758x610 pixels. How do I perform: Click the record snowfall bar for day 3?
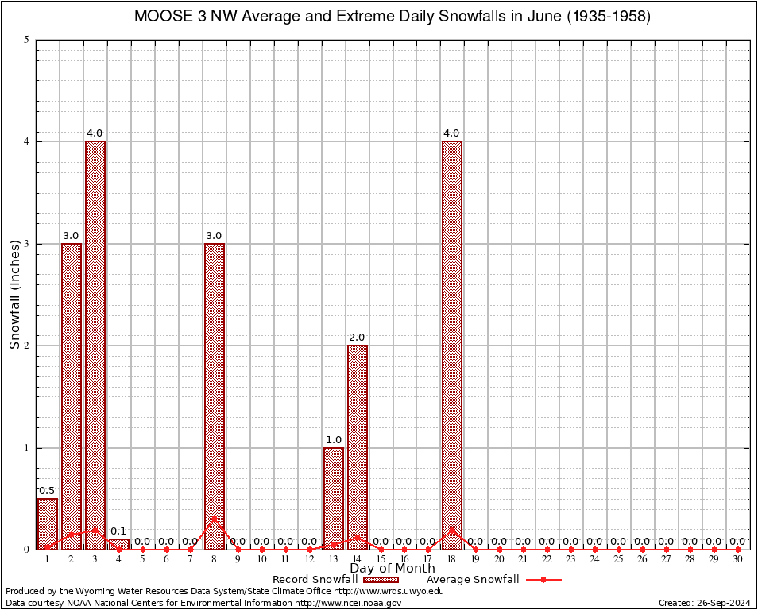coord(95,345)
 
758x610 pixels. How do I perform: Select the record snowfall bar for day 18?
coord(452,345)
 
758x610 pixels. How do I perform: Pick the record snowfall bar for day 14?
coord(358,446)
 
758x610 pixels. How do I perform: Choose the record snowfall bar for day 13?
coord(334,498)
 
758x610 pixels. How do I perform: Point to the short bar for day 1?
coord(48,523)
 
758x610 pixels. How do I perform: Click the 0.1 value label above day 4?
coord(119,531)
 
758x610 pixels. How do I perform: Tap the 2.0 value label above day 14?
coord(358,338)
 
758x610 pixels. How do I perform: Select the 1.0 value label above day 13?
coord(334,440)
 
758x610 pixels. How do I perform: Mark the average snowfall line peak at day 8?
coord(215,519)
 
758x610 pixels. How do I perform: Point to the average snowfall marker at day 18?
coord(452,530)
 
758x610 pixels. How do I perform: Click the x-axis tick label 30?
coord(738,560)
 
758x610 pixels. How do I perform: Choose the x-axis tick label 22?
coord(547,560)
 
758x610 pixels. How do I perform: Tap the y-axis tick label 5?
coord(27,40)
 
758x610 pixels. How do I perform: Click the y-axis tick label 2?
coord(27,346)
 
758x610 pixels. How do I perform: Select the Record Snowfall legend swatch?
coord(381,580)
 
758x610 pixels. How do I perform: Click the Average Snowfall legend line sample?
coord(543,580)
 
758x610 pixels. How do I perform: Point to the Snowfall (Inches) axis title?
coord(14,294)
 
